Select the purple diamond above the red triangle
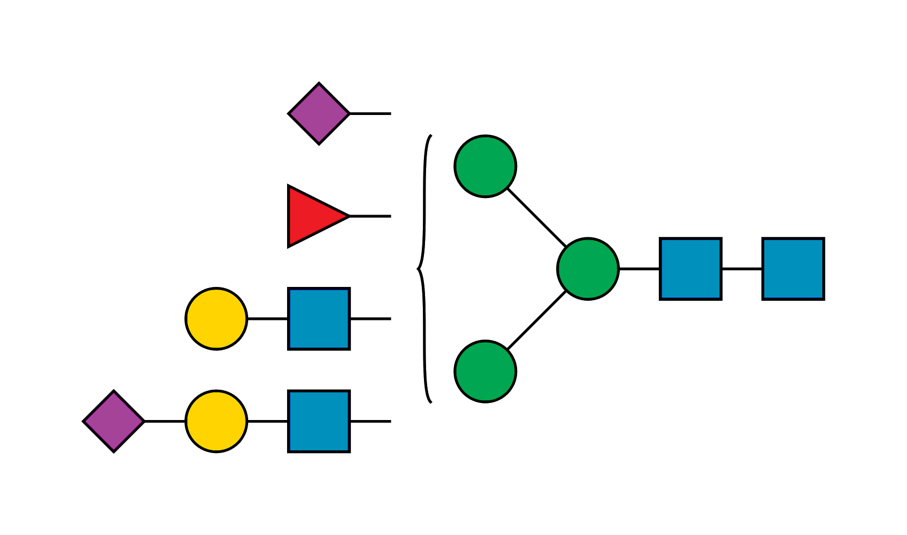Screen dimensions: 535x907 pyautogui.click(x=319, y=113)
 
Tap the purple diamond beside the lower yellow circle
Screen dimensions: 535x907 pyautogui.click(x=113, y=421)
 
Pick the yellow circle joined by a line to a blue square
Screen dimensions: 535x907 pyautogui.click(x=216, y=319)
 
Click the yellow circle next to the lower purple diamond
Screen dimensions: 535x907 pyautogui.click(x=216, y=421)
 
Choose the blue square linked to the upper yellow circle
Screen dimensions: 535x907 pyautogui.click(x=319, y=319)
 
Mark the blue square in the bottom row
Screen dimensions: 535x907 pyautogui.click(x=319, y=421)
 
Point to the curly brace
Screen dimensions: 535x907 pyautogui.click(x=424, y=269)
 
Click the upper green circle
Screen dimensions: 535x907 pyautogui.click(x=485, y=166)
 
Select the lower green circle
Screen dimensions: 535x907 pyautogui.click(x=485, y=371)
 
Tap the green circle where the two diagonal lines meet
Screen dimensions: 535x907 pyautogui.click(x=588, y=269)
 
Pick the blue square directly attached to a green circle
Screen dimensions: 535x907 pyautogui.click(x=691, y=269)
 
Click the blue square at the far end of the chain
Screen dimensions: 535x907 pyautogui.click(x=793, y=269)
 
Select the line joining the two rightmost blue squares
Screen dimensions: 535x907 pyautogui.click(x=742, y=269)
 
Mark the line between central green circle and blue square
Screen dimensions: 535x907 pyautogui.click(x=639, y=269)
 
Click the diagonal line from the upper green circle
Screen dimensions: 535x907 pyautogui.click(x=536, y=218)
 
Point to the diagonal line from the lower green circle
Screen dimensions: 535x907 pyautogui.click(x=536, y=320)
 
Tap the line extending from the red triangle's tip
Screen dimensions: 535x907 pyautogui.click(x=371, y=216)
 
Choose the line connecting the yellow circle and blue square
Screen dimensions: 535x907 pyautogui.click(x=267, y=319)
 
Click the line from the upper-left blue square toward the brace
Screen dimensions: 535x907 pyautogui.click(x=371, y=319)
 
